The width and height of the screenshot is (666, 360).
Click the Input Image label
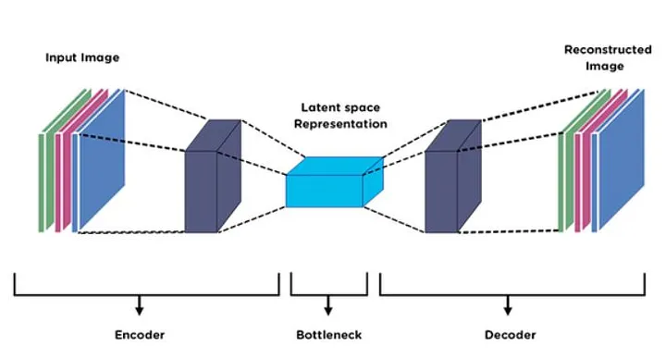click(82, 57)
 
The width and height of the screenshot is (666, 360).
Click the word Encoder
click(140, 334)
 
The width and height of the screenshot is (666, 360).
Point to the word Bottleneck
click(328, 334)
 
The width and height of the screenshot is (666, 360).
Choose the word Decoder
click(510, 334)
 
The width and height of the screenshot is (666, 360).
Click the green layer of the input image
click(43, 180)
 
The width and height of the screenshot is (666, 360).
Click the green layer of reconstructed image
click(565, 180)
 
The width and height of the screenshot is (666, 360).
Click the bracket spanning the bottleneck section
click(328, 293)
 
